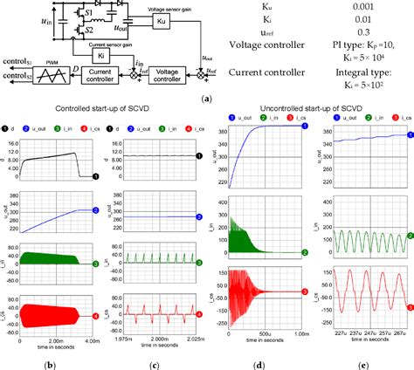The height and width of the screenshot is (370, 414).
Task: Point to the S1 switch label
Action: (x=88, y=15)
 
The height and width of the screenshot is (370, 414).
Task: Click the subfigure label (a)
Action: (x=204, y=100)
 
